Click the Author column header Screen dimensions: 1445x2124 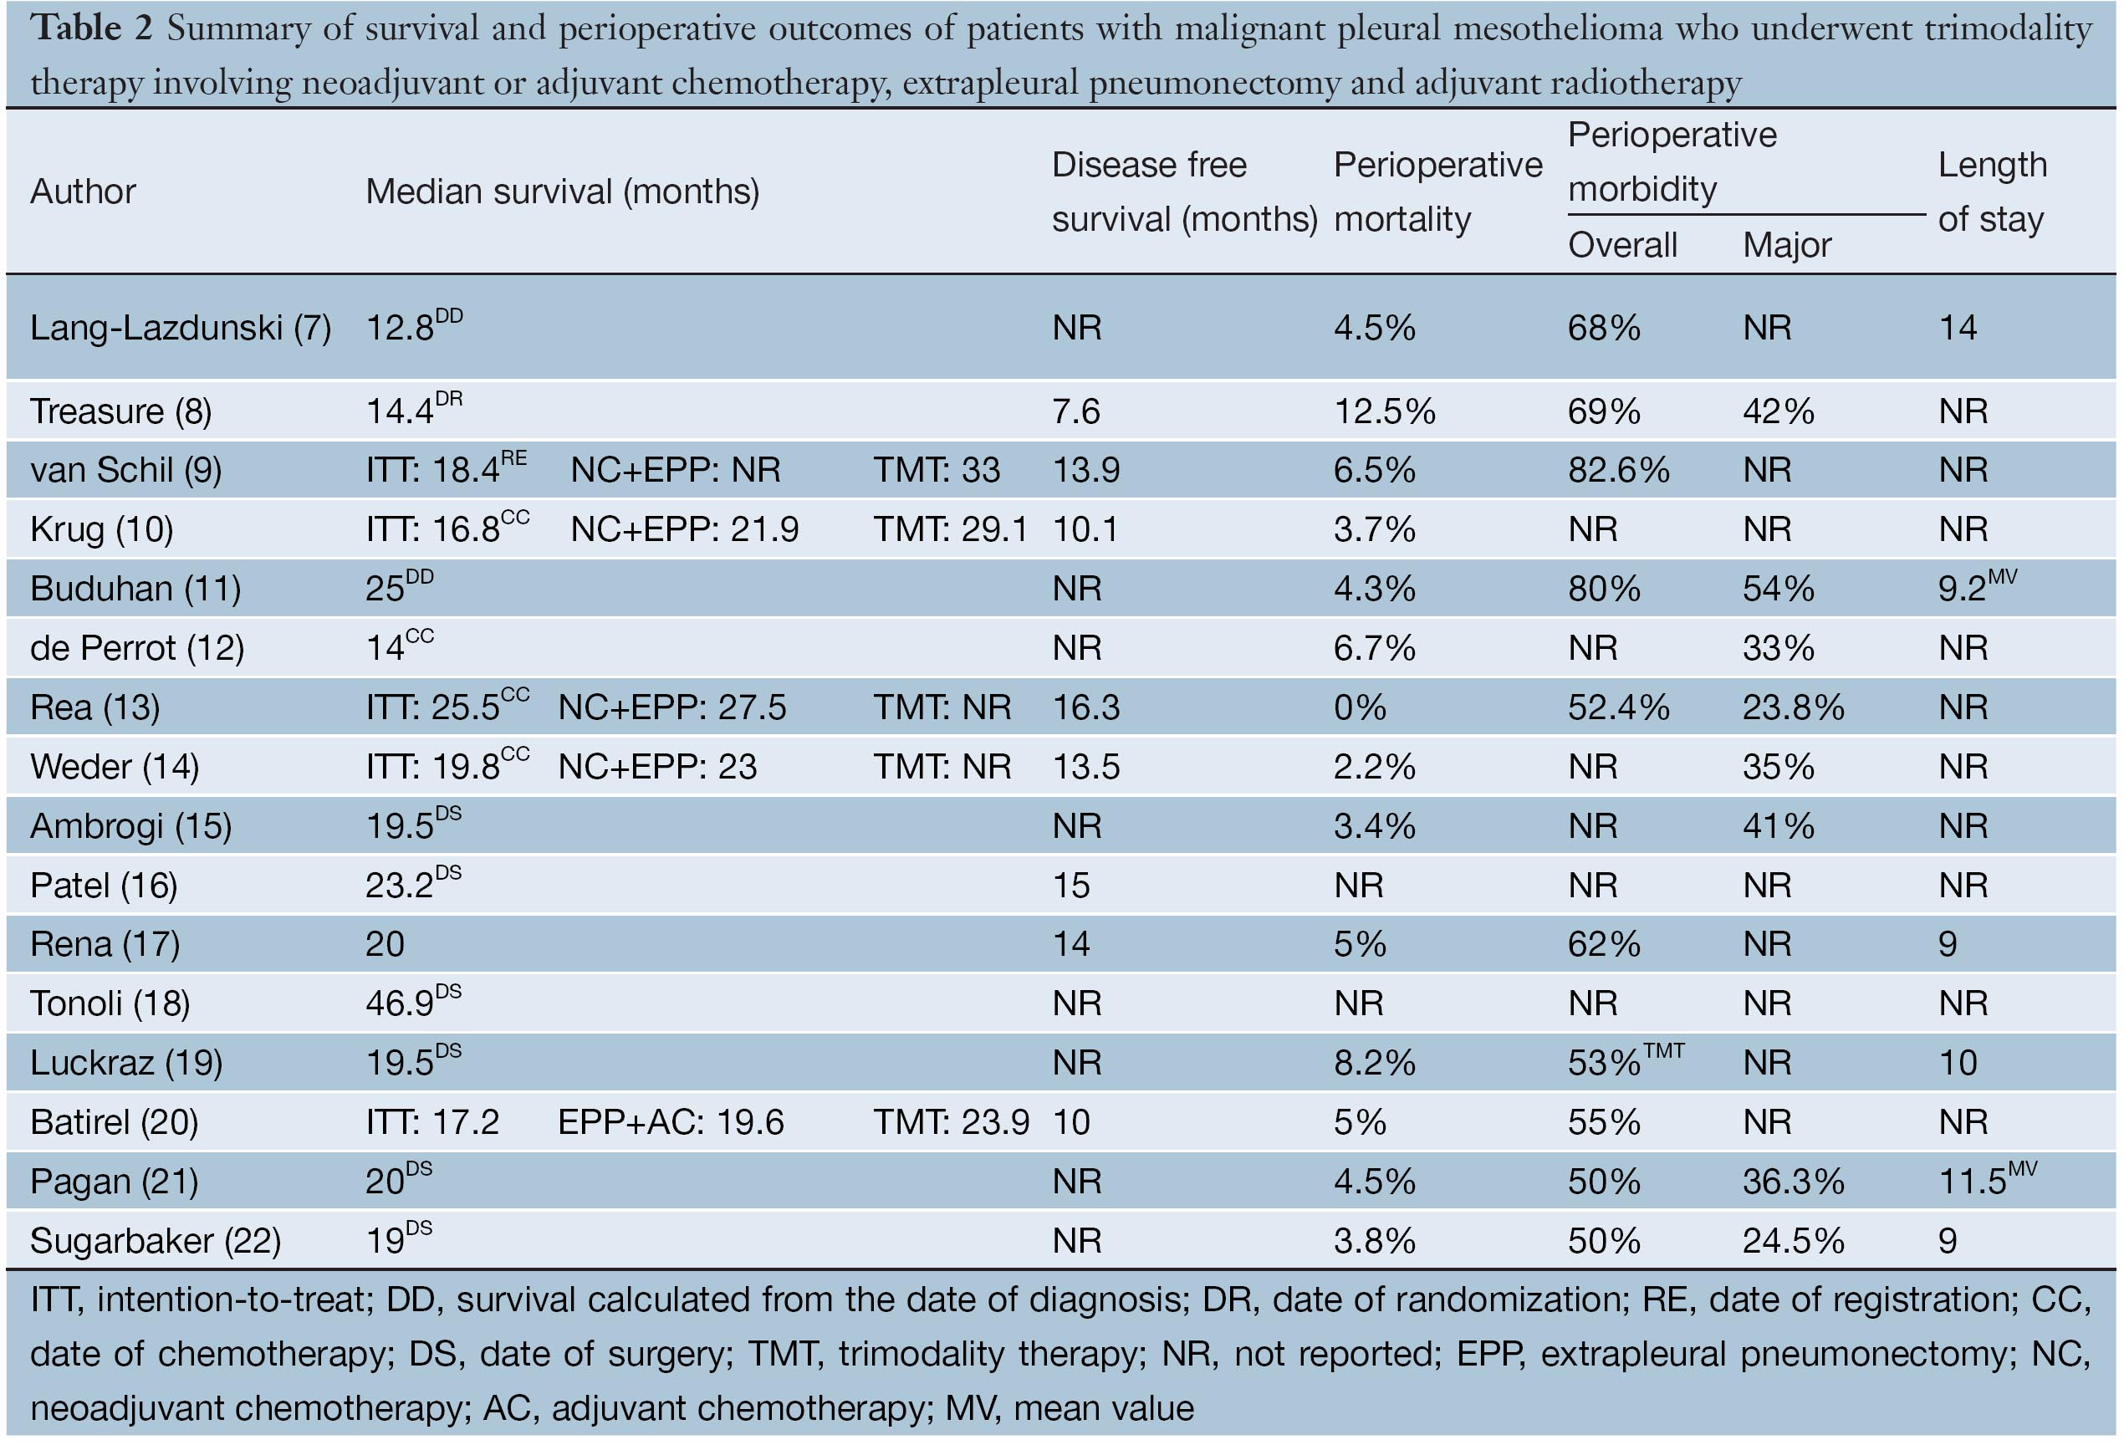[82, 192]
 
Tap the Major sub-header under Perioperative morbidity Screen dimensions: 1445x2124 [1786, 245]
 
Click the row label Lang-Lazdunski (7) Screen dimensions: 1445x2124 [180, 327]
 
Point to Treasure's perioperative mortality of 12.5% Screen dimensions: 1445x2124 [1384, 411]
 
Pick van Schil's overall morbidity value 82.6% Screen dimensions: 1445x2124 [1618, 470]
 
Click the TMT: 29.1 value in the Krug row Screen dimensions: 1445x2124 [950, 529]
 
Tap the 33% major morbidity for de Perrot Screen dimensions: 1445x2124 [1778, 648]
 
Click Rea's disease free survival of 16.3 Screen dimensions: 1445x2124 [1085, 707]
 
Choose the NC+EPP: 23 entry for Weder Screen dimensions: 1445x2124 [657, 766]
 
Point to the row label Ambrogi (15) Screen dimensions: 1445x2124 [130, 825]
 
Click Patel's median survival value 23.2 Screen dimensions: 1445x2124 [401, 885]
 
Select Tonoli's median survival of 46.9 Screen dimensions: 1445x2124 [401, 1003]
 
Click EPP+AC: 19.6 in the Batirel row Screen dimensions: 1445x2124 [670, 1121]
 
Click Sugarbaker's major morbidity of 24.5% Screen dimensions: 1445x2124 [1792, 1240]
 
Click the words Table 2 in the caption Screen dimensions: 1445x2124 [90, 28]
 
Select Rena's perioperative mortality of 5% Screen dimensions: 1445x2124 [1359, 943]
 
